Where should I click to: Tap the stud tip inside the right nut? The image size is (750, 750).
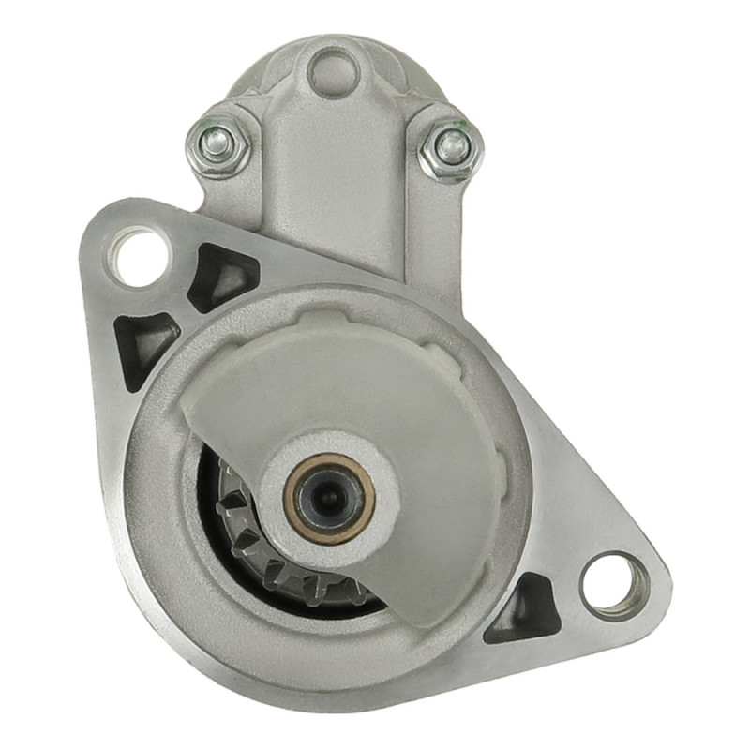(x=452, y=144)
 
